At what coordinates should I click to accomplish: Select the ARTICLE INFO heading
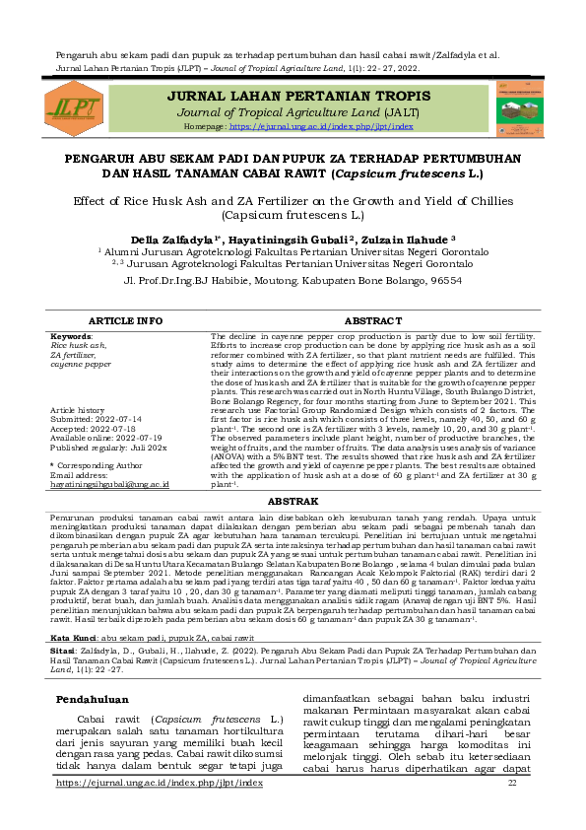pyautogui.click(x=125, y=321)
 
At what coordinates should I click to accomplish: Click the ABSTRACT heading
pyautogui.click(x=372, y=321)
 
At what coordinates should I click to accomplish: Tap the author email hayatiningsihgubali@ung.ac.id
pyautogui.click(x=110, y=484)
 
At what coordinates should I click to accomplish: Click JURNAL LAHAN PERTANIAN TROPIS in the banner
pyautogui.click(x=298, y=96)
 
